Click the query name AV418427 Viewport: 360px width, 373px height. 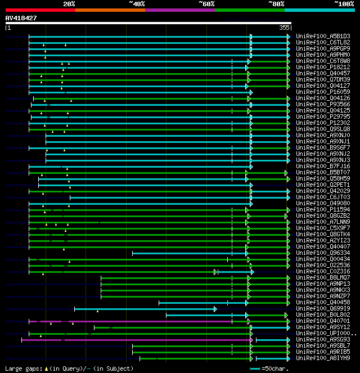point(21,18)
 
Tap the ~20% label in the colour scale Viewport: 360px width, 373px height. point(69,4)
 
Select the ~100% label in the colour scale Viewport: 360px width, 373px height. point(344,4)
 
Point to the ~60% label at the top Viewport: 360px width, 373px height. point(206,4)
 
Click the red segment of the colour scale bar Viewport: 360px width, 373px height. point(40,10)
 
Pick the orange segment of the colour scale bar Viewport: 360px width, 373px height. point(110,10)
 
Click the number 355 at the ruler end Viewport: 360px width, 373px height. point(284,28)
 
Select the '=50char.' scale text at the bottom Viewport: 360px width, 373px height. point(275,368)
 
